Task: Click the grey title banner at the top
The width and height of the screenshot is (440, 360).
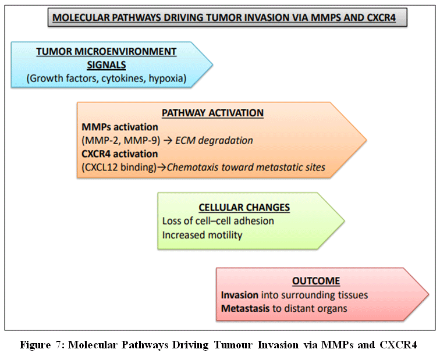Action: point(226,17)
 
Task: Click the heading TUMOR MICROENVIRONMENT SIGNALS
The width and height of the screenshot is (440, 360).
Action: point(106,58)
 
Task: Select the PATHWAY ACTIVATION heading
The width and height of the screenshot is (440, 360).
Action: point(221,113)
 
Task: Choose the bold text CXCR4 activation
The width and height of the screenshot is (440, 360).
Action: point(119,154)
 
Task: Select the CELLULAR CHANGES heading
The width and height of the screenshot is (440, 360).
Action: point(244,207)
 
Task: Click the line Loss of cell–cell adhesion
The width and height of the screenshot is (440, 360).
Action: point(218,221)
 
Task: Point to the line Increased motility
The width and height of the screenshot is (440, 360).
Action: point(202,235)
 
